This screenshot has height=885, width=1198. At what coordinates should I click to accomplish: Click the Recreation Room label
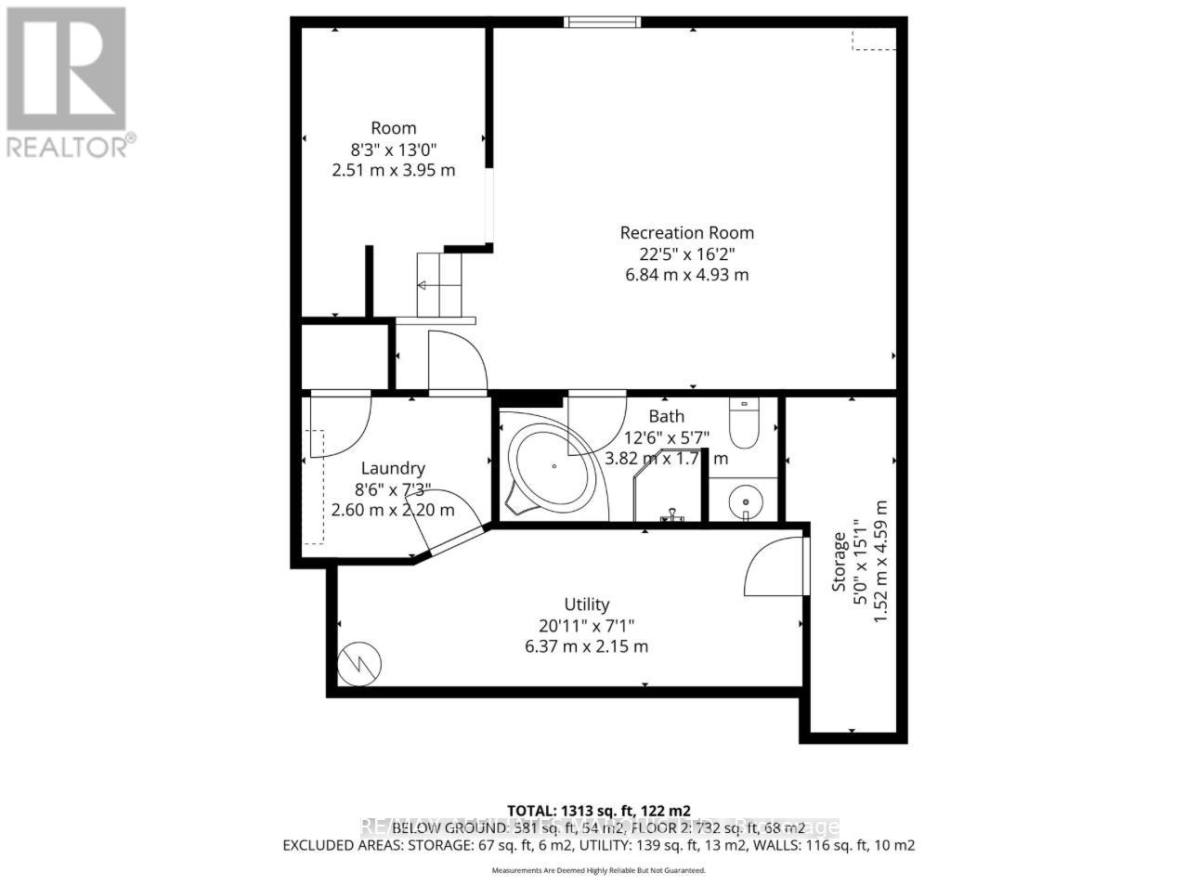(x=686, y=233)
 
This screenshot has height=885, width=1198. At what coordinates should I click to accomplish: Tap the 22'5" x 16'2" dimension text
(x=686, y=254)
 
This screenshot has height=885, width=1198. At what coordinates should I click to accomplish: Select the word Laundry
(x=393, y=469)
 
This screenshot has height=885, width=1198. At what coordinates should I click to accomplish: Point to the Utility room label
(x=587, y=605)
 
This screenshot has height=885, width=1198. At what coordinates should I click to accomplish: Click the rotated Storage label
(x=839, y=561)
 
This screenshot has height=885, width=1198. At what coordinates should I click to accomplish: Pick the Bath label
(x=666, y=417)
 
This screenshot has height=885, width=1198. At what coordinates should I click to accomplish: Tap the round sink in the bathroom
(x=743, y=502)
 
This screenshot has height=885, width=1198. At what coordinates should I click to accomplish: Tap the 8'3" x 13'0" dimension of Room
(x=393, y=149)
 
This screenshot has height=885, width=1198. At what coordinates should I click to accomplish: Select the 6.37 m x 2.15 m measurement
(x=587, y=646)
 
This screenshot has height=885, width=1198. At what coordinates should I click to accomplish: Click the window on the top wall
(x=603, y=21)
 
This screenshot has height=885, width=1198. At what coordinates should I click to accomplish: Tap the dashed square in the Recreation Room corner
(x=875, y=38)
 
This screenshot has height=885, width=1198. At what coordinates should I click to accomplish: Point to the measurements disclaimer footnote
(x=599, y=870)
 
